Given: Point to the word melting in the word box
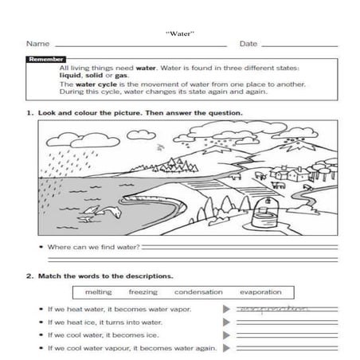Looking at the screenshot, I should (98, 292).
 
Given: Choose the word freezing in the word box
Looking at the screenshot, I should (143, 292).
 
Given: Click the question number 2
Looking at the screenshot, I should (29, 276).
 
